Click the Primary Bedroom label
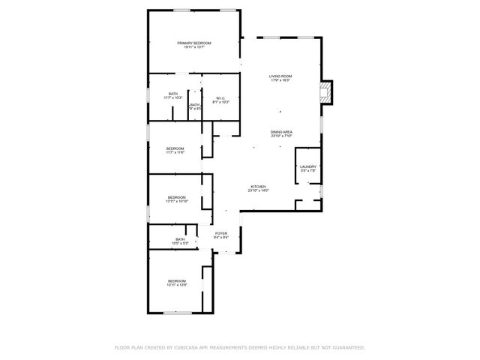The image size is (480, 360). coord(194,43)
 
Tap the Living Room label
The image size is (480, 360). coord(280,76)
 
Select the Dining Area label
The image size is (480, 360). coord(281,132)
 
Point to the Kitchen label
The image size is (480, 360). coord(258,187)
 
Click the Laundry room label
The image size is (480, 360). coord(308,166)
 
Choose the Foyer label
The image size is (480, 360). coord(221,233)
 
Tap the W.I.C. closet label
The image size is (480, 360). coord(220,97)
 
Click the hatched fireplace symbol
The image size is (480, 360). coord(325,92)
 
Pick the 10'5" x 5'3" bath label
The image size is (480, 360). coord(180,241)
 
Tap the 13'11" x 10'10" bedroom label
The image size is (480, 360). coord(177,199)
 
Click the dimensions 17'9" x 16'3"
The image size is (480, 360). coord(280,80)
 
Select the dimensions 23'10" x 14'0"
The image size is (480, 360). coord(258,191)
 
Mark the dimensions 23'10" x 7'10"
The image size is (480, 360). coord(281,136)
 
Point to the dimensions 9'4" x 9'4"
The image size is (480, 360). coord(221,238)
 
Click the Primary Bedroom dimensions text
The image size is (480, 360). coord(194,47)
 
